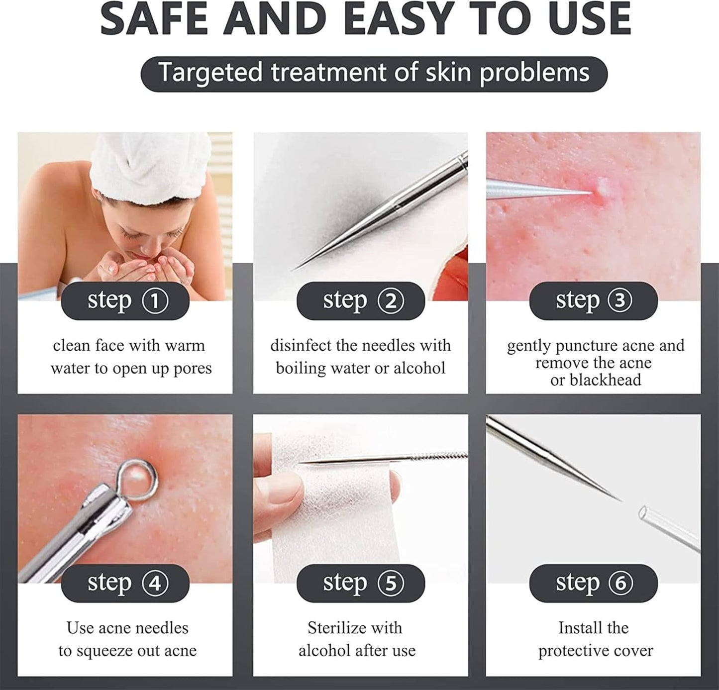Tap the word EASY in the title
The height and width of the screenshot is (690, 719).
[401, 19]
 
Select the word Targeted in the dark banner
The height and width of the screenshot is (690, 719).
[210, 73]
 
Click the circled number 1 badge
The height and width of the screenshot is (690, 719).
[155, 300]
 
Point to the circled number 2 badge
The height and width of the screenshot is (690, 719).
[391, 300]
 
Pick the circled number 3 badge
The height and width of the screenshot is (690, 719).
[619, 300]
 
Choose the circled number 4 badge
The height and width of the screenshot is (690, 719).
[155, 583]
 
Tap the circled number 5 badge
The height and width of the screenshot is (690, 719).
[391, 583]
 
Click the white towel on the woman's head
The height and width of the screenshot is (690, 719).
[150, 163]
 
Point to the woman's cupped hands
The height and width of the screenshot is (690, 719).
[148, 267]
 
